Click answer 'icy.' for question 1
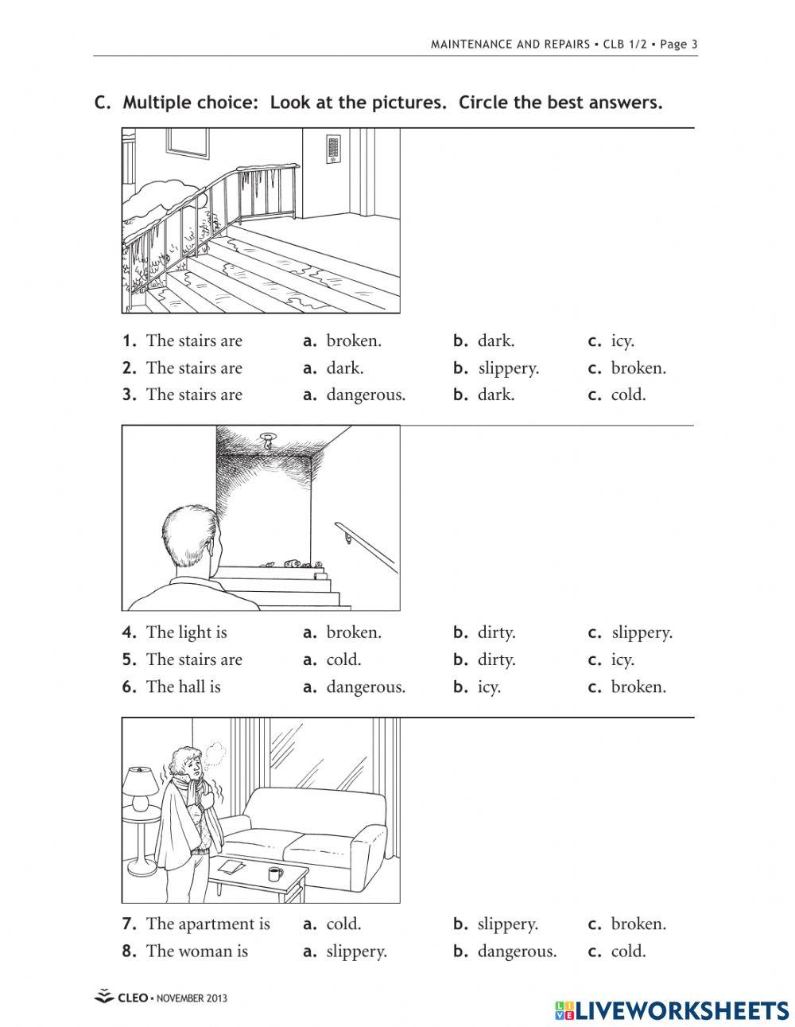point(622,341)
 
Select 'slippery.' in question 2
point(508,368)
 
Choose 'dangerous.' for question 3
point(365,395)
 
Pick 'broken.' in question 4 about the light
point(353,633)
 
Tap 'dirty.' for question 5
point(496,660)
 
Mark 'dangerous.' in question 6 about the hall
point(365,687)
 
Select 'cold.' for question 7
point(343,924)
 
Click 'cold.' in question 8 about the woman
point(628,951)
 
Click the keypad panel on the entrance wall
point(332,150)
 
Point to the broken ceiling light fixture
point(268,440)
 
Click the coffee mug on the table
point(274,874)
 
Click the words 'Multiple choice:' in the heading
point(192,103)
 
